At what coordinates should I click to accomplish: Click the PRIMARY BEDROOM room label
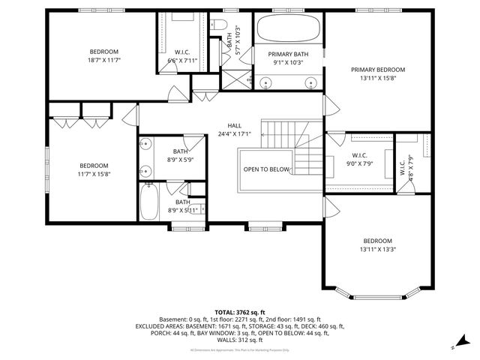377,70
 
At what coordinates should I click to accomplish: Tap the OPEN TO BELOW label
266,169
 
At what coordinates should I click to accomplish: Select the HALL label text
235,125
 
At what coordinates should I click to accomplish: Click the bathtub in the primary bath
288,30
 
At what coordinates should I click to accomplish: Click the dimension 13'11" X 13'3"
377,249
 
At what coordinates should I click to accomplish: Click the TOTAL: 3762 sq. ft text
239,312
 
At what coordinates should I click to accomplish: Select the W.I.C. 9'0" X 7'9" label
359,159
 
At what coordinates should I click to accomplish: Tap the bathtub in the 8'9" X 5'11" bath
148,201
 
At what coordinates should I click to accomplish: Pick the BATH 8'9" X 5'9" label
181,155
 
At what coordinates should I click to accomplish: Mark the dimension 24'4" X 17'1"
235,134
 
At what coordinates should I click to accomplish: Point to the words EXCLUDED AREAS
159,326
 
